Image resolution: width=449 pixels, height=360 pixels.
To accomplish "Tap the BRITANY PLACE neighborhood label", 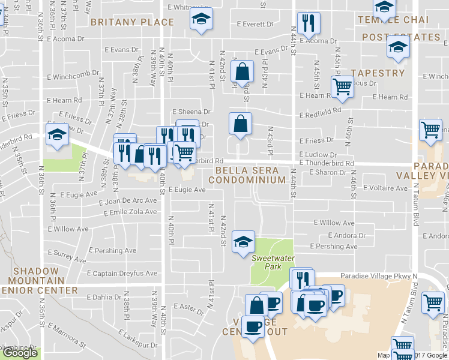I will coord(132,22).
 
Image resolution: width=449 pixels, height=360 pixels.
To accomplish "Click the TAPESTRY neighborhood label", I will coord(378,73).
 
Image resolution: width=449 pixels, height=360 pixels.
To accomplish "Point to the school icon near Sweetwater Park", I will coord(243,242).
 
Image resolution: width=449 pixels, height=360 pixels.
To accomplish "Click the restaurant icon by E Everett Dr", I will coord(309,23).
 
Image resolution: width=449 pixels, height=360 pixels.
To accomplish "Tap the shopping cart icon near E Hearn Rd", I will coord(342,86).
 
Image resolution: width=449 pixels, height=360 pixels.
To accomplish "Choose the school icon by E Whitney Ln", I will coord(202,19).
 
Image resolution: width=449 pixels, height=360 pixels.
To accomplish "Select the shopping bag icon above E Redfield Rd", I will coord(241,71).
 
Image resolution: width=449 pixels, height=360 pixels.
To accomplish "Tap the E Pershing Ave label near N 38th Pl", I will coord(112,251).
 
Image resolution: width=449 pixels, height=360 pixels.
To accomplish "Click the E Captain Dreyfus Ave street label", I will coord(122,274).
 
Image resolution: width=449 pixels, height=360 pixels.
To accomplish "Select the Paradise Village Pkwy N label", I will coord(378,276).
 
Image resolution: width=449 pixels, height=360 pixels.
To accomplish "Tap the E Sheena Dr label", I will coord(191,112).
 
